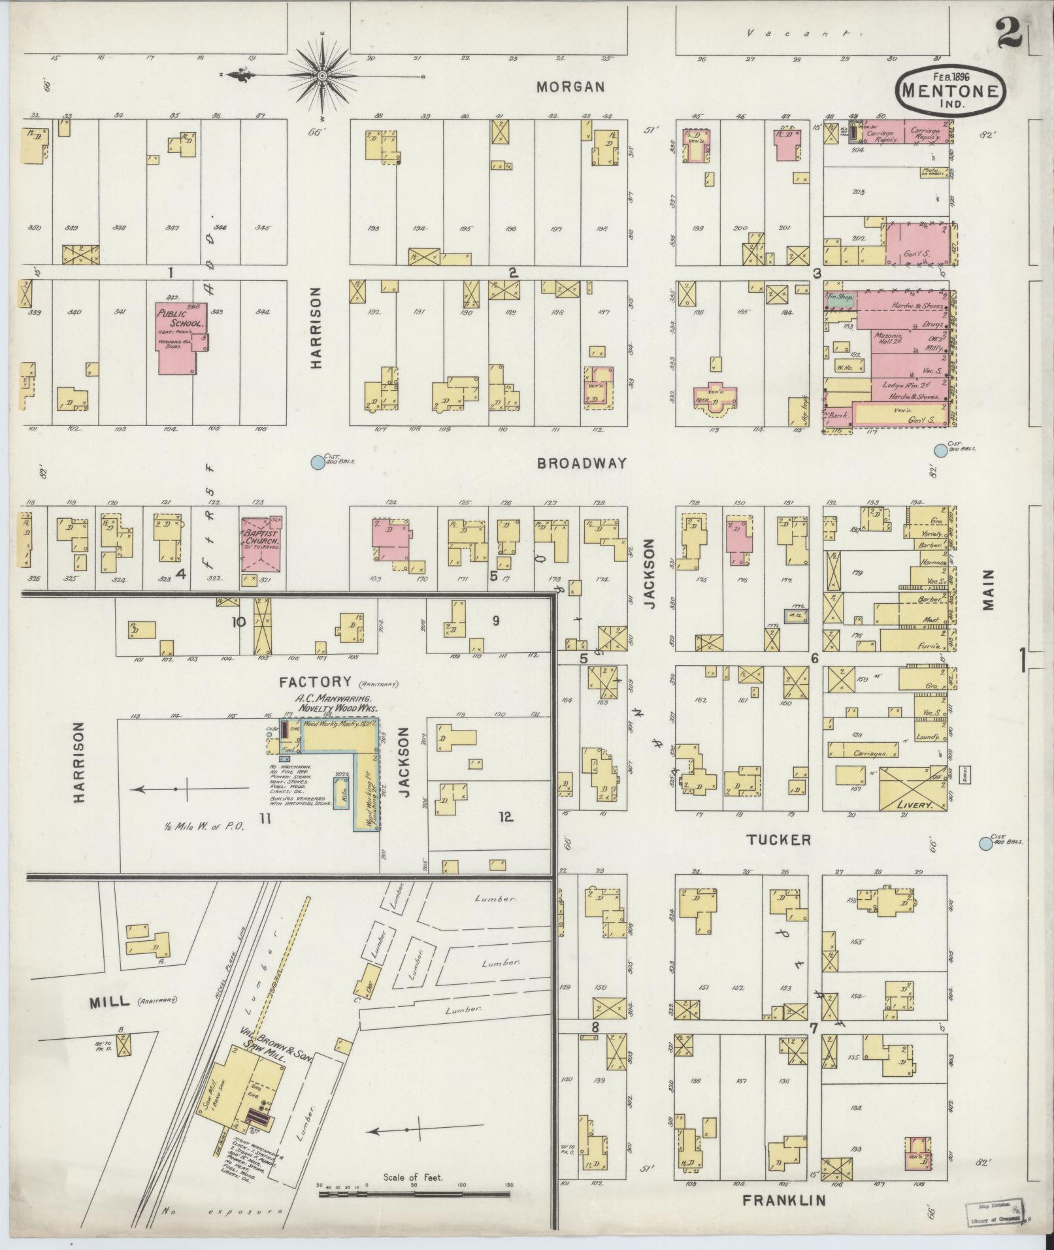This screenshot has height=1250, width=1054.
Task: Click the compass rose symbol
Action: click(x=322, y=76)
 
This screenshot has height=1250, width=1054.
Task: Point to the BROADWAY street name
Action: click(x=582, y=463)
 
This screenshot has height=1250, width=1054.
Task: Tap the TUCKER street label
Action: click(x=779, y=840)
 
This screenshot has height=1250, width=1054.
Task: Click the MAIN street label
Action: click(x=987, y=589)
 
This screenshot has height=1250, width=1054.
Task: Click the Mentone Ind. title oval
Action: click(x=949, y=91)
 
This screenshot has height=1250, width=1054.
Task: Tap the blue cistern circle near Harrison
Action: click(x=317, y=463)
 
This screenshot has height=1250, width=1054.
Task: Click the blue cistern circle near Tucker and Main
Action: click(x=985, y=844)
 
